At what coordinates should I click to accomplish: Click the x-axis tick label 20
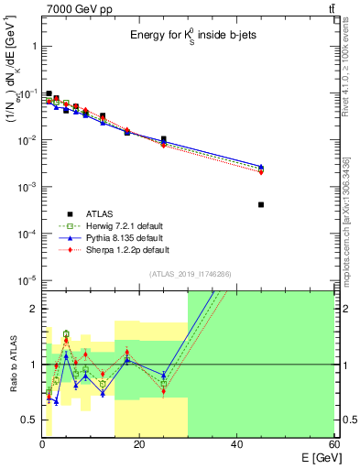(x=139, y=444)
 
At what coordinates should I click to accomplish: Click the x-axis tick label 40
(x=236, y=444)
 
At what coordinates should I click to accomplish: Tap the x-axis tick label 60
(x=333, y=444)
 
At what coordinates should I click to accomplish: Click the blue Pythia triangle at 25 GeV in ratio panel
(x=164, y=376)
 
